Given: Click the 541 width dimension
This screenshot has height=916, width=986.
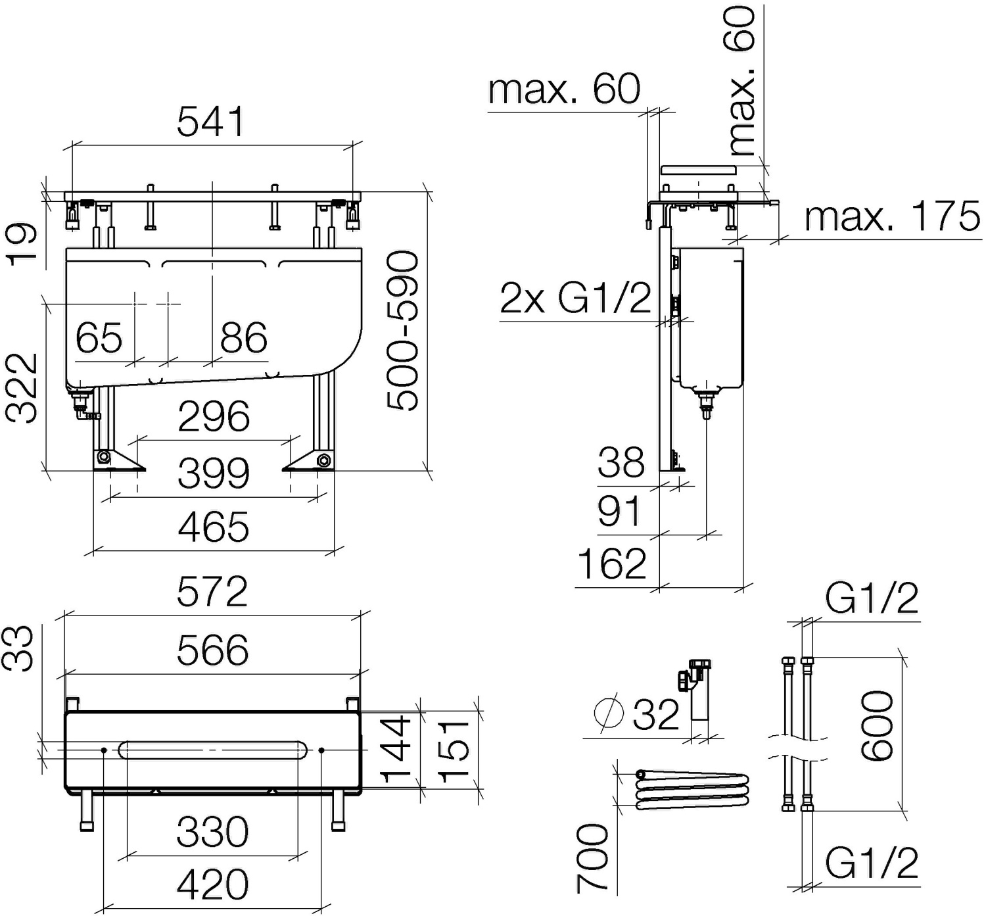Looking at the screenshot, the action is tap(211, 121).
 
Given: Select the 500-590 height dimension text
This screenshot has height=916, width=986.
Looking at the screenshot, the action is tap(402, 331).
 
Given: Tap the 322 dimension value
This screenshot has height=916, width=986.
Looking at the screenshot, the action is tap(22, 388).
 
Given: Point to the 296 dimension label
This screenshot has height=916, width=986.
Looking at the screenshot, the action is tap(214, 416).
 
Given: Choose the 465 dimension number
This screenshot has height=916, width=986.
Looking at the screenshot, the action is tap(214, 527).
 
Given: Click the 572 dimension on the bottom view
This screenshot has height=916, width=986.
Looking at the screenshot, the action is tap(212, 591).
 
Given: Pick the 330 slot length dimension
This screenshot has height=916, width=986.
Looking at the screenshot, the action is tap(212, 832).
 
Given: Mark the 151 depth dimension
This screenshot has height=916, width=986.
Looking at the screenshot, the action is tap(454, 750).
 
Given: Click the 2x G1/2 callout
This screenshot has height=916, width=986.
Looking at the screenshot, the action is tap(575, 297).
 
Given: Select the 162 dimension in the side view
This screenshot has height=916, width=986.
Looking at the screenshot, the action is tap(612, 564).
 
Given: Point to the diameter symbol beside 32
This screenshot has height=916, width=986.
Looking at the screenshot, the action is tap(609, 713).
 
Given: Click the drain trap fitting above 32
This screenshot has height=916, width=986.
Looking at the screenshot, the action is tap(695, 690).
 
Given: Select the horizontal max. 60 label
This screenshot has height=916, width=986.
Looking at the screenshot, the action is tap(564, 89).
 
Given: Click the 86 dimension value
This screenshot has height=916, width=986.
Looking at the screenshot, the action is tap(244, 338).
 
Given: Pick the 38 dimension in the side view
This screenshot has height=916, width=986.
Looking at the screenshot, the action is tap(621, 462).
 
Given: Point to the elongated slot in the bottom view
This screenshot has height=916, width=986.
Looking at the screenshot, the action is tap(214, 750).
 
